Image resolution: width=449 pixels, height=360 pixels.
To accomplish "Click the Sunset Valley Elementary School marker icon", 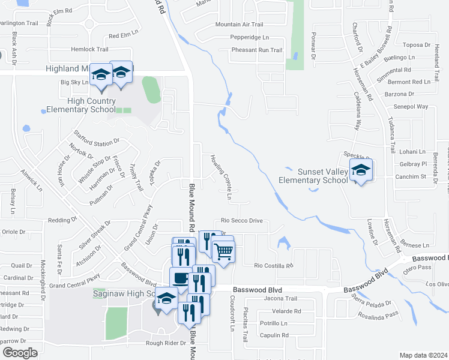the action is tap(361, 170).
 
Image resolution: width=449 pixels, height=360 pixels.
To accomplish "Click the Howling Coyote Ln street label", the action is tap(221, 177).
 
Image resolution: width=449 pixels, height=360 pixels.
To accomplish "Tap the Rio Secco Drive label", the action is tap(242, 221).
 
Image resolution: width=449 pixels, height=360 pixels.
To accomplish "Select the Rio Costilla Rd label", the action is tap(273, 265).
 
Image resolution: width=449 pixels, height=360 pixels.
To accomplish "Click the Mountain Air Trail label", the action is tap(239, 25).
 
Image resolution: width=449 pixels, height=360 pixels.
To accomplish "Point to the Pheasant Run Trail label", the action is tap(256, 50).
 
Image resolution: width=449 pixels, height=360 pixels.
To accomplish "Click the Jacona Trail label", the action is tap(280, 298).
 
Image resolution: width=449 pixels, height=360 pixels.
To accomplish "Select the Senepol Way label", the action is tap(411, 107).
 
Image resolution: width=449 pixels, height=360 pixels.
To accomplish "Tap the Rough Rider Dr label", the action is tap(166, 343).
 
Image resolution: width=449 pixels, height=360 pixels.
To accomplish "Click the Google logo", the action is tap(20, 353).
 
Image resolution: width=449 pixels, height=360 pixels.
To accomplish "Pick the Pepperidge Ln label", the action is tap(249, 37).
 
